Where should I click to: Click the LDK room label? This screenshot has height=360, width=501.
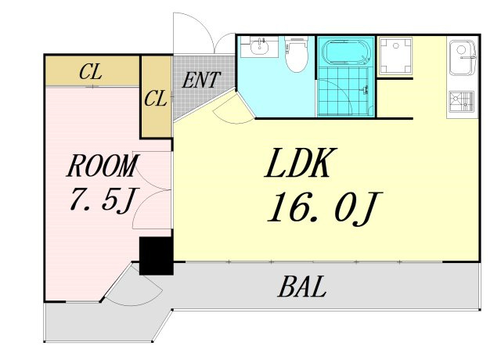click(x=297, y=163)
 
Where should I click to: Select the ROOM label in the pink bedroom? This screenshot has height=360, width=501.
click(x=103, y=165)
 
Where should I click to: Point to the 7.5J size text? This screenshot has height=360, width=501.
click(x=103, y=200)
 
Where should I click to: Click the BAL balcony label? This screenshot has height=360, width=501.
click(x=302, y=286)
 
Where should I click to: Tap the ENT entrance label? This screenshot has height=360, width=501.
click(x=200, y=80)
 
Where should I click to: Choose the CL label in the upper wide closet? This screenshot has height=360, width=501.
click(x=91, y=71)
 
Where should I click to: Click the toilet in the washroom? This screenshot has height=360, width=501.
click(x=297, y=53)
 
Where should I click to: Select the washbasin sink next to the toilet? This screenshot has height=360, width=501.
click(x=259, y=47)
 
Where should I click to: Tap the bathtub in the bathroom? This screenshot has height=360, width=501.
click(x=346, y=52)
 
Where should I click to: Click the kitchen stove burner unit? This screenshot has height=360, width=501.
click(x=461, y=102)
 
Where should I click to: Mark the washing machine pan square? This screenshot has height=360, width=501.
click(x=395, y=56)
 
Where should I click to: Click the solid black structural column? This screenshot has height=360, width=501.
click(x=157, y=256)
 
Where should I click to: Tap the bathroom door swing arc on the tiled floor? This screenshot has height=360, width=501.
click(x=338, y=90)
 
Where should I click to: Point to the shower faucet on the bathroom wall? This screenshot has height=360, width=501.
click(x=365, y=89)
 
